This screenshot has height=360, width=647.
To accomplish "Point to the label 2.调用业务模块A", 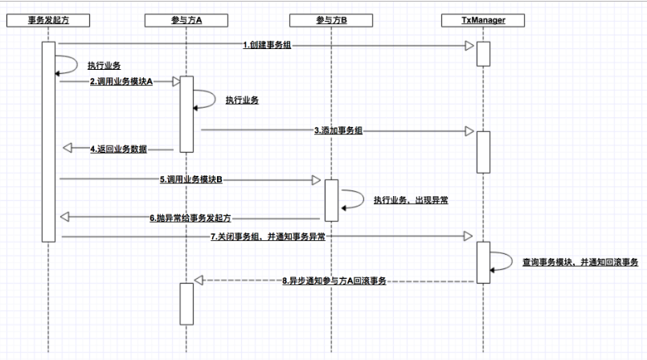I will click(x=121, y=81).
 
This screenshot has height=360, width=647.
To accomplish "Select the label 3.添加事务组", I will click(x=338, y=129).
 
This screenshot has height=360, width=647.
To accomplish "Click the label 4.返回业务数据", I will click(x=121, y=149).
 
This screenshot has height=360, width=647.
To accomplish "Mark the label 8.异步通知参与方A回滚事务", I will click(x=334, y=281).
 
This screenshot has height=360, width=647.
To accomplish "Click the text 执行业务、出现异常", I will click(x=411, y=198).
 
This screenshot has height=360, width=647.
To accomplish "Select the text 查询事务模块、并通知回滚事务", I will click(x=579, y=263).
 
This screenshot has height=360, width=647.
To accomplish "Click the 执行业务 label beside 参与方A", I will click(x=242, y=100).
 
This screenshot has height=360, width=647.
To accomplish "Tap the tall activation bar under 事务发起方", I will click(x=48, y=141).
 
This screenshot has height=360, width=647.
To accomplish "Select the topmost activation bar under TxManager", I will click(x=483, y=53).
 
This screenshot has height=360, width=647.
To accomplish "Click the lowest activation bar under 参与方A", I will click(x=186, y=303).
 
